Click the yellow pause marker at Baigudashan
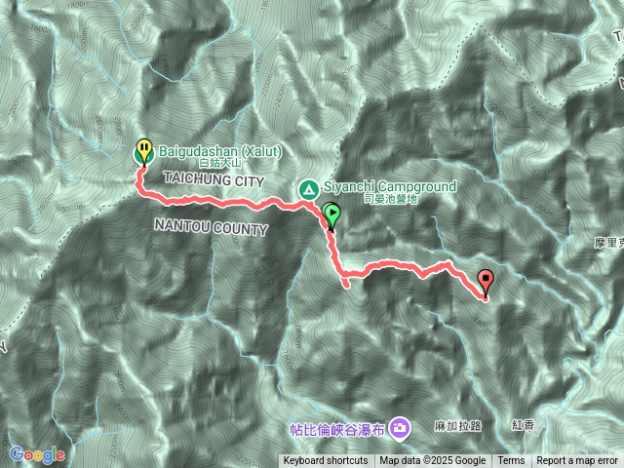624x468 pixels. (143, 150)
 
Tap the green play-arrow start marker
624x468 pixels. (331, 214)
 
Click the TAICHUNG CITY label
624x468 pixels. (210, 179)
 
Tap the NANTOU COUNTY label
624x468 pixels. (210, 228)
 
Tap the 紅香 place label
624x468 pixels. (523, 426)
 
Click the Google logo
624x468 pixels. (37, 454)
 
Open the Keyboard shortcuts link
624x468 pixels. (326, 461)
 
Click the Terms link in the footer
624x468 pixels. (511, 461)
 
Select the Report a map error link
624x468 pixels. (577, 461)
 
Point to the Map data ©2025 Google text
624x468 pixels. (433, 461)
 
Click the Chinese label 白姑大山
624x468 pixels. (217, 164)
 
